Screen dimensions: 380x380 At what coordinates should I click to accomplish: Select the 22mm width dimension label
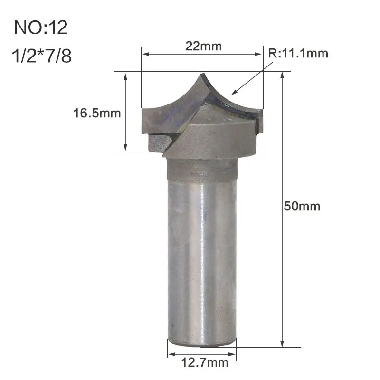click(202, 46)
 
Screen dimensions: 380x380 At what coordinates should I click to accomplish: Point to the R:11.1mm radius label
click(298, 53)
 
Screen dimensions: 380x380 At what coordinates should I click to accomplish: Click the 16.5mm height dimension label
click(97, 114)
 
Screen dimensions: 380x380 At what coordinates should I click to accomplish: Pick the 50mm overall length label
click(302, 206)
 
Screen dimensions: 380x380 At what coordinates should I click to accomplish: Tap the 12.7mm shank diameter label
click(201, 363)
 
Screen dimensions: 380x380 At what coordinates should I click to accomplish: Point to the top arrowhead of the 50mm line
click(283, 75)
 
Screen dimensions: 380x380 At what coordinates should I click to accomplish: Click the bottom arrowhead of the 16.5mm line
click(126, 149)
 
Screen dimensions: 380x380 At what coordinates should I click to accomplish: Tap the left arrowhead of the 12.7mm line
click(171, 353)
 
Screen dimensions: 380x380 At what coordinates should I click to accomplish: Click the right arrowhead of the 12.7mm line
click(233, 353)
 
